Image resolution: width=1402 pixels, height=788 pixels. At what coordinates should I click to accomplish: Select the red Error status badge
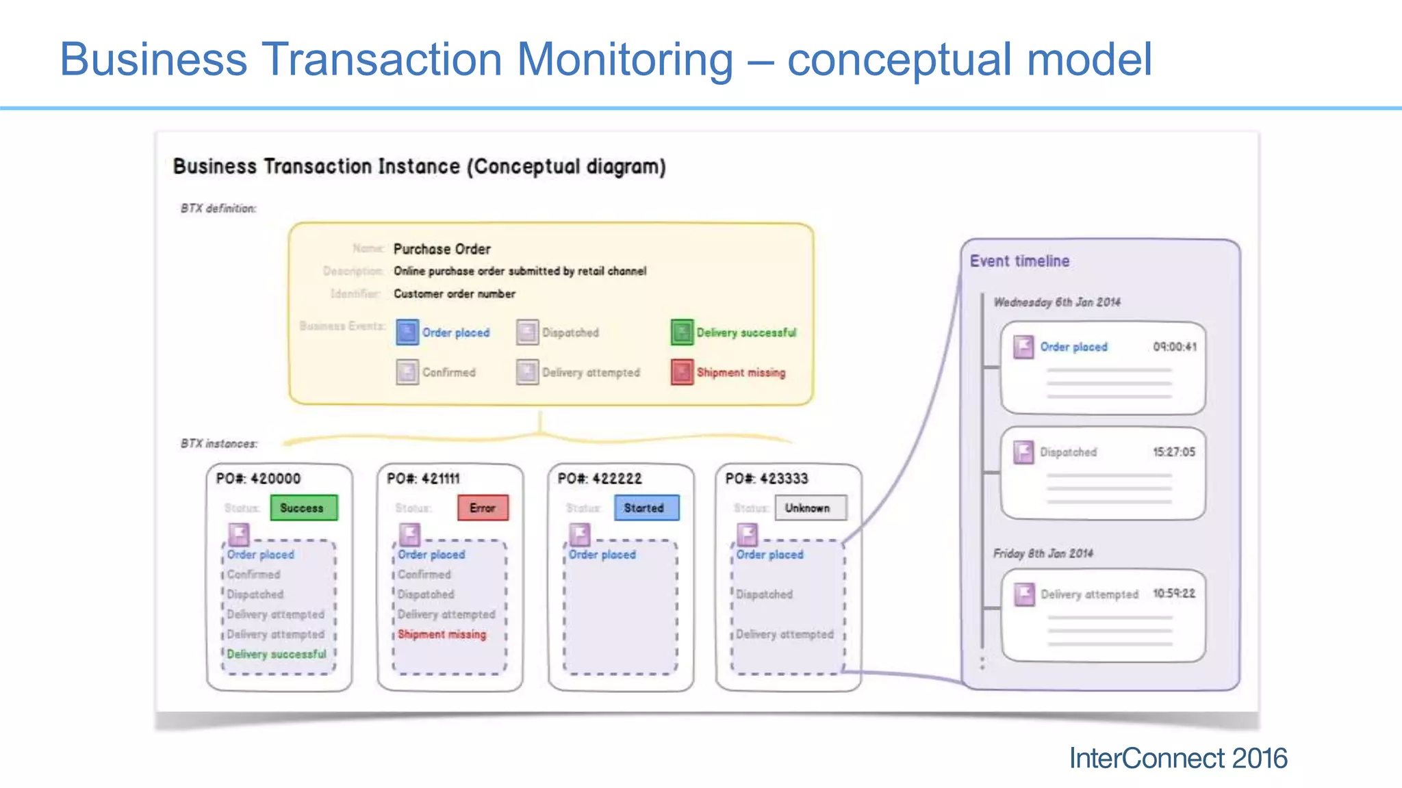click(483, 508)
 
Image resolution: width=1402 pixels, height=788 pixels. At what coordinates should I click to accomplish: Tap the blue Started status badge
click(646, 508)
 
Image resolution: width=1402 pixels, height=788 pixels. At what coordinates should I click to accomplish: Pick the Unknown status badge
click(811, 508)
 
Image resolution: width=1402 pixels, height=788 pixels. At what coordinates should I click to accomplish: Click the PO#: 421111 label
click(423, 478)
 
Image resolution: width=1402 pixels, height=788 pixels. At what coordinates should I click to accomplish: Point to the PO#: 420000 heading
click(258, 478)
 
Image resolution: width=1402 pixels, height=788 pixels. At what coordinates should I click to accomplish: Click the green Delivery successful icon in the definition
click(682, 332)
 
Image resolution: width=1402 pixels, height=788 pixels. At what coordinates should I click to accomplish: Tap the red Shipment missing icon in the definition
click(682, 372)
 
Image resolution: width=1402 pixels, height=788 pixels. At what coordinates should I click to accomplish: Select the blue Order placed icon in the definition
click(407, 332)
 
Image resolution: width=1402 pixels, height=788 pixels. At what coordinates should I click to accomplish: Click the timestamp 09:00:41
click(1175, 347)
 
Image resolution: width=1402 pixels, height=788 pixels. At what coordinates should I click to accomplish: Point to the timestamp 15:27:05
click(1174, 452)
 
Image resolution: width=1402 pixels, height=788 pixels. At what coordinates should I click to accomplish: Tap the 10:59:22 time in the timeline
click(1174, 593)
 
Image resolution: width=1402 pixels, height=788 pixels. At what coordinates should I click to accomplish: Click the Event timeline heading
click(1019, 261)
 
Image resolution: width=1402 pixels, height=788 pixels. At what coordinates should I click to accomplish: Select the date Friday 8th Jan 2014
click(1043, 553)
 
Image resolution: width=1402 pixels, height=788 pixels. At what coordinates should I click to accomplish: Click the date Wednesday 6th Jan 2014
click(1057, 302)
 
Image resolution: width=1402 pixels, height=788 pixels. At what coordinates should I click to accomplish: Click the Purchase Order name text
click(442, 249)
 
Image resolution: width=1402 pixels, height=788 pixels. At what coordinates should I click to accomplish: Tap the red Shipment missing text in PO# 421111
click(442, 634)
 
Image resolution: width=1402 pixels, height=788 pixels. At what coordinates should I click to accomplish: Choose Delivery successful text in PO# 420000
click(277, 654)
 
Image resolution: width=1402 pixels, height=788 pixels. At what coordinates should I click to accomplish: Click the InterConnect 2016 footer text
click(1177, 758)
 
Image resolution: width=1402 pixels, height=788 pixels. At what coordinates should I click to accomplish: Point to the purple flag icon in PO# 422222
click(580, 534)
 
